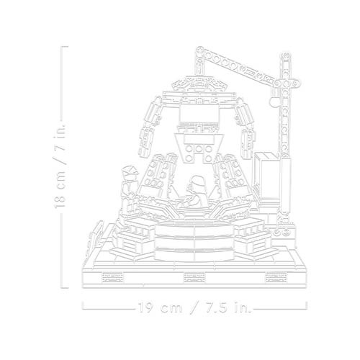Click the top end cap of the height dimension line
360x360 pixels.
[x=65, y=47]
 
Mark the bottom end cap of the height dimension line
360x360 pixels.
[x=65, y=287]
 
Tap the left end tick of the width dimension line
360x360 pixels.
[x=83, y=305]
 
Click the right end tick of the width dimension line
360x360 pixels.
[x=307, y=305]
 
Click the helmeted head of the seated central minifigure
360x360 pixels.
[x=197, y=182]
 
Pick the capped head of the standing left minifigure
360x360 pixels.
[x=130, y=172]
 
